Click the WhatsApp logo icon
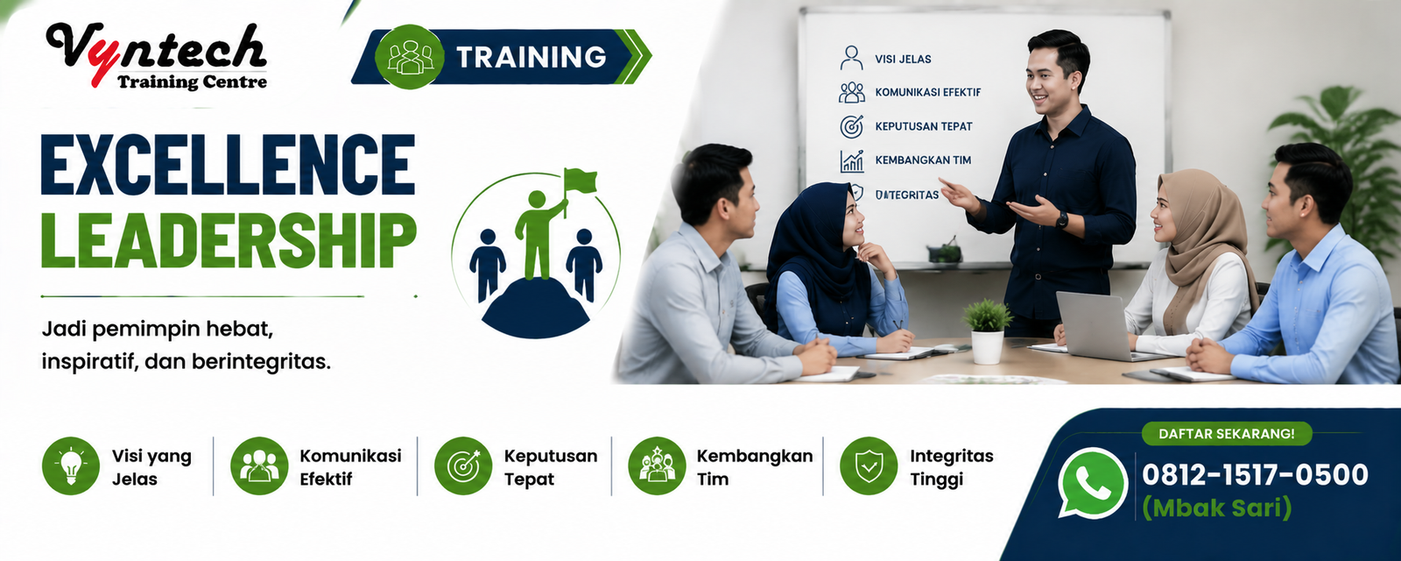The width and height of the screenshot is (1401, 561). point(1091,482)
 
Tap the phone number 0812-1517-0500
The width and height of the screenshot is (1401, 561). point(1255,475)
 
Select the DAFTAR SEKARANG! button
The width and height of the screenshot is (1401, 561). point(1227,434)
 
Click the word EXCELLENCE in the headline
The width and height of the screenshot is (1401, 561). point(228,164)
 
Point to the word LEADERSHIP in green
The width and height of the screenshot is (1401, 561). point(229,240)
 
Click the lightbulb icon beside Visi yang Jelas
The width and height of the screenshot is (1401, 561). point(71,465)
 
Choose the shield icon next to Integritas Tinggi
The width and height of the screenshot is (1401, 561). point(869,465)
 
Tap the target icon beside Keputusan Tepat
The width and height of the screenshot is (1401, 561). point(463,465)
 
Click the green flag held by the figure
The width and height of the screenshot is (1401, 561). point(580,181)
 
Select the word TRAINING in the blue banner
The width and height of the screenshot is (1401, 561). point(531,57)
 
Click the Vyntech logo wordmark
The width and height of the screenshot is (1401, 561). point(158,55)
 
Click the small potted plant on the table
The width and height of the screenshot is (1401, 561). point(988,332)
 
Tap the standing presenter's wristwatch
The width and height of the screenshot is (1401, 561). point(1062,219)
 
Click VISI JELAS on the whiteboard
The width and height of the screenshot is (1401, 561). point(903,59)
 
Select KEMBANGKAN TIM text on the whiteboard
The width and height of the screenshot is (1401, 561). point(923,160)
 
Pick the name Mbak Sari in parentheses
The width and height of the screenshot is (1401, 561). point(1216,508)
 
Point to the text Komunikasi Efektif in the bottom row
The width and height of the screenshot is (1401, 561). point(350,467)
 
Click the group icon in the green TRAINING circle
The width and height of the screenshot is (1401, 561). point(410,57)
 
